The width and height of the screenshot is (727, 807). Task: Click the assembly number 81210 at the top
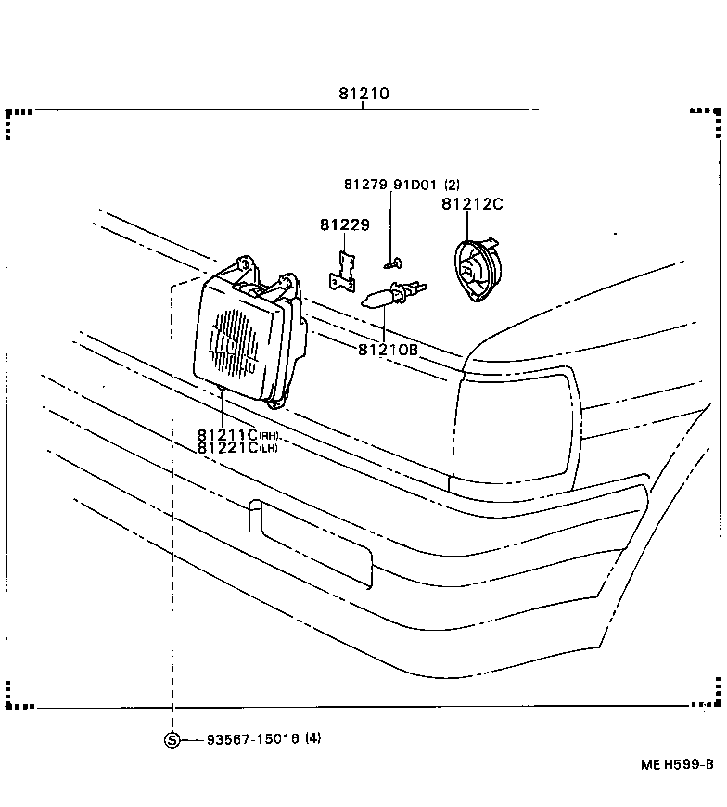[x=363, y=95]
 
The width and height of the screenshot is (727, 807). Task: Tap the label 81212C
[x=472, y=204]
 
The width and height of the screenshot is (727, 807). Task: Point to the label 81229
[x=345, y=225]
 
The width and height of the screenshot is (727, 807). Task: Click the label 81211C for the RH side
[x=227, y=434]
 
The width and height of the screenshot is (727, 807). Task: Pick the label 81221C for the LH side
[x=227, y=447]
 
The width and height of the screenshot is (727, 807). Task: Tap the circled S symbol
[x=172, y=739]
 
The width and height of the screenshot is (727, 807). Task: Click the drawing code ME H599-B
[x=677, y=764]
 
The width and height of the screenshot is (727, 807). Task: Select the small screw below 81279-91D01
[x=394, y=263]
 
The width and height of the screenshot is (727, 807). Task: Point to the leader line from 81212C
[x=466, y=227]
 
